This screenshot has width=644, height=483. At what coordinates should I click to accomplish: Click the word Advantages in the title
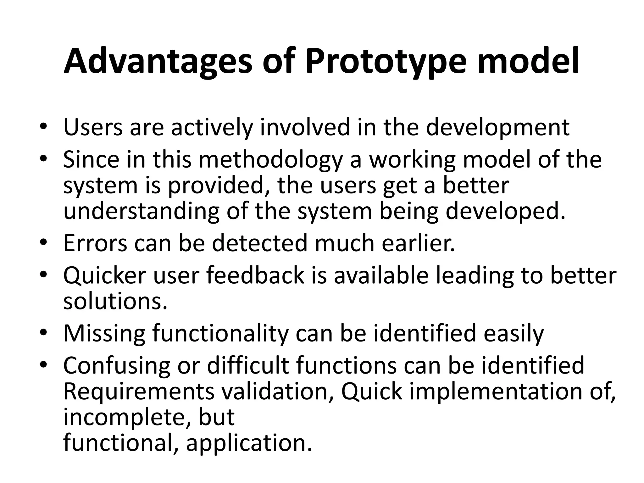click(158, 61)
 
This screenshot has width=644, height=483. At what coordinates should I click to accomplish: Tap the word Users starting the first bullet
click(93, 127)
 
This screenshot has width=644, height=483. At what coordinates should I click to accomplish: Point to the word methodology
click(270, 160)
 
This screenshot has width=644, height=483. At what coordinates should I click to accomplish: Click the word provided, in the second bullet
click(217, 186)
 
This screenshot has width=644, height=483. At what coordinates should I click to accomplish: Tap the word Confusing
click(117, 366)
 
